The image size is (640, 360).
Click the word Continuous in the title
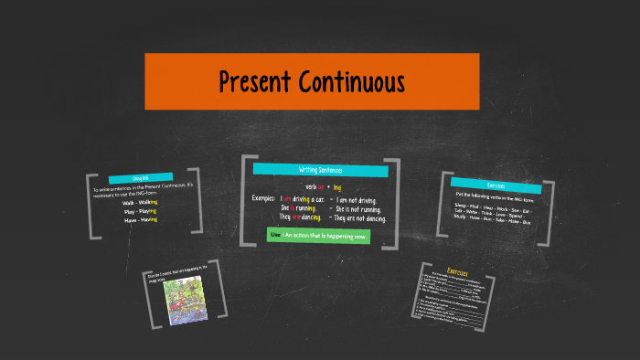point(352,82)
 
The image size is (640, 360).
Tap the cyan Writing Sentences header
point(319,170)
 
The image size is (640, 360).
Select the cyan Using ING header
point(141,178)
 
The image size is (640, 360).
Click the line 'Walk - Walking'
point(141,203)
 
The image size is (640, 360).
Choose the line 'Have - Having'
point(141,219)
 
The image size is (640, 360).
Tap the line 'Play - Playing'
point(141,211)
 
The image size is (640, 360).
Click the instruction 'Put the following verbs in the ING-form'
point(494,196)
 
